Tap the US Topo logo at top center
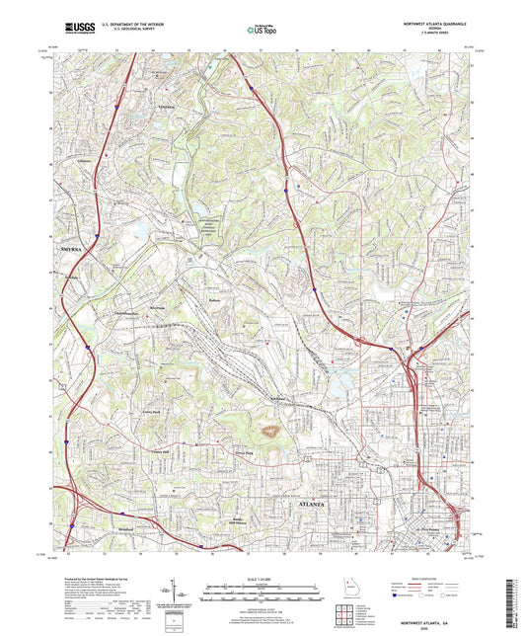[259, 31]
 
